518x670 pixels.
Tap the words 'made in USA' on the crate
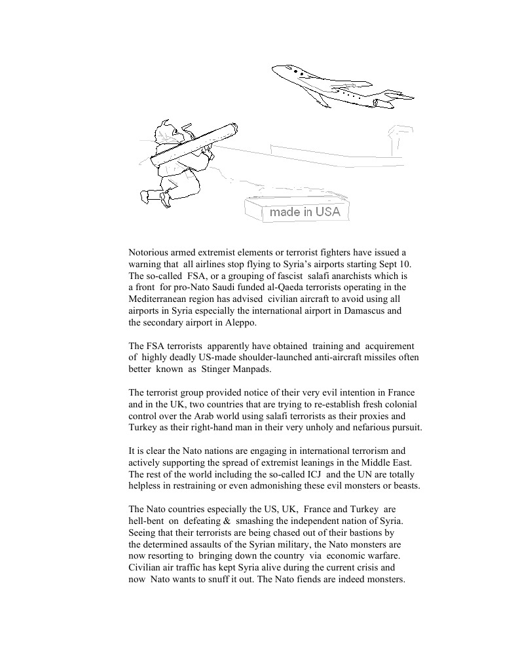pos(305,212)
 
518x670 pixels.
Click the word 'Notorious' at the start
pos(149,252)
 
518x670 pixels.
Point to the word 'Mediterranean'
pos(160,299)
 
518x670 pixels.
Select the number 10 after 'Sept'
pos(404,263)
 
